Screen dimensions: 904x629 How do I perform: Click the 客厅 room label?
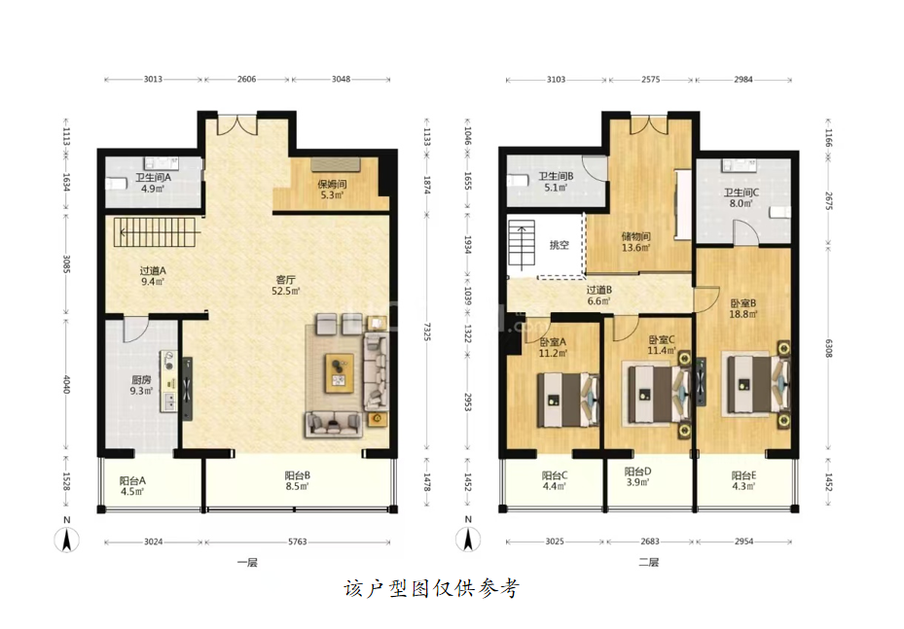pyautogui.click(x=285, y=280)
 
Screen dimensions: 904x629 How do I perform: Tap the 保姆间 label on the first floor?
pyautogui.click(x=332, y=185)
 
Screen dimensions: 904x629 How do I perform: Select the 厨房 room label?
pyautogui.click(x=141, y=380)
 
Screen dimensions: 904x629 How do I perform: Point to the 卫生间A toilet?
pyautogui.click(x=117, y=185)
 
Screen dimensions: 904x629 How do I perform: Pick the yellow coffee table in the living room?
pyautogui.click(x=340, y=373)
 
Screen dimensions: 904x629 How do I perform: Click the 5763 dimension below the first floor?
pyautogui.click(x=298, y=542)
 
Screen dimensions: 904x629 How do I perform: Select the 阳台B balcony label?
pyautogui.click(x=298, y=475)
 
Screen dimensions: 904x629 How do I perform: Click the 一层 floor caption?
pyautogui.click(x=247, y=562)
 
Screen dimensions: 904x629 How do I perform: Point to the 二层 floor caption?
pyautogui.click(x=649, y=562)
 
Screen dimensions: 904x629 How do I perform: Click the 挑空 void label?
pyautogui.click(x=559, y=245)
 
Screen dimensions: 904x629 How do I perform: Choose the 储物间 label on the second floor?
pyautogui.click(x=635, y=236)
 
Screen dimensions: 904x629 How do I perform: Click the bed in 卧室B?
pyautogui.click(x=756, y=384)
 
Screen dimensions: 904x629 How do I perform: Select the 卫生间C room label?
pyautogui.click(x=741, y=192)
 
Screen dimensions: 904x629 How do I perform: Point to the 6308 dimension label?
pyautogui.click(x=828, y=348)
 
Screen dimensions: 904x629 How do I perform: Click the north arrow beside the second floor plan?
pyautogui.click(x=468, y=540)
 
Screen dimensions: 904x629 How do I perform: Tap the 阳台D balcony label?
pyautogui.click(x=637, y=472)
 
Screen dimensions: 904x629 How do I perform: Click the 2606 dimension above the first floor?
pyautogui.click(x=247, y=79)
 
